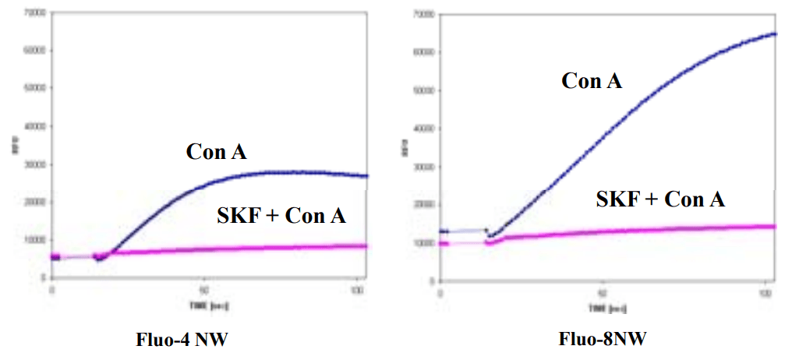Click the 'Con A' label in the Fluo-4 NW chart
(x=216, y=152)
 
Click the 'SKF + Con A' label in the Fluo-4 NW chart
(x=281, y=216)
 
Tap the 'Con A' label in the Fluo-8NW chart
(x=592, y=80)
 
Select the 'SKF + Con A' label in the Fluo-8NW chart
(x=660, y=199)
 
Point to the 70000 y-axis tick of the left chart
(x=34, y=13)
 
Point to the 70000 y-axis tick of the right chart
(x=423, y=14)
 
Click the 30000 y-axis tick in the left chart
(x=34, y=164)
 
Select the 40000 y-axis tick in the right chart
(x=423, y=128)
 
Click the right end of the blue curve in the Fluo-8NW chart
(x=775, y=34)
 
